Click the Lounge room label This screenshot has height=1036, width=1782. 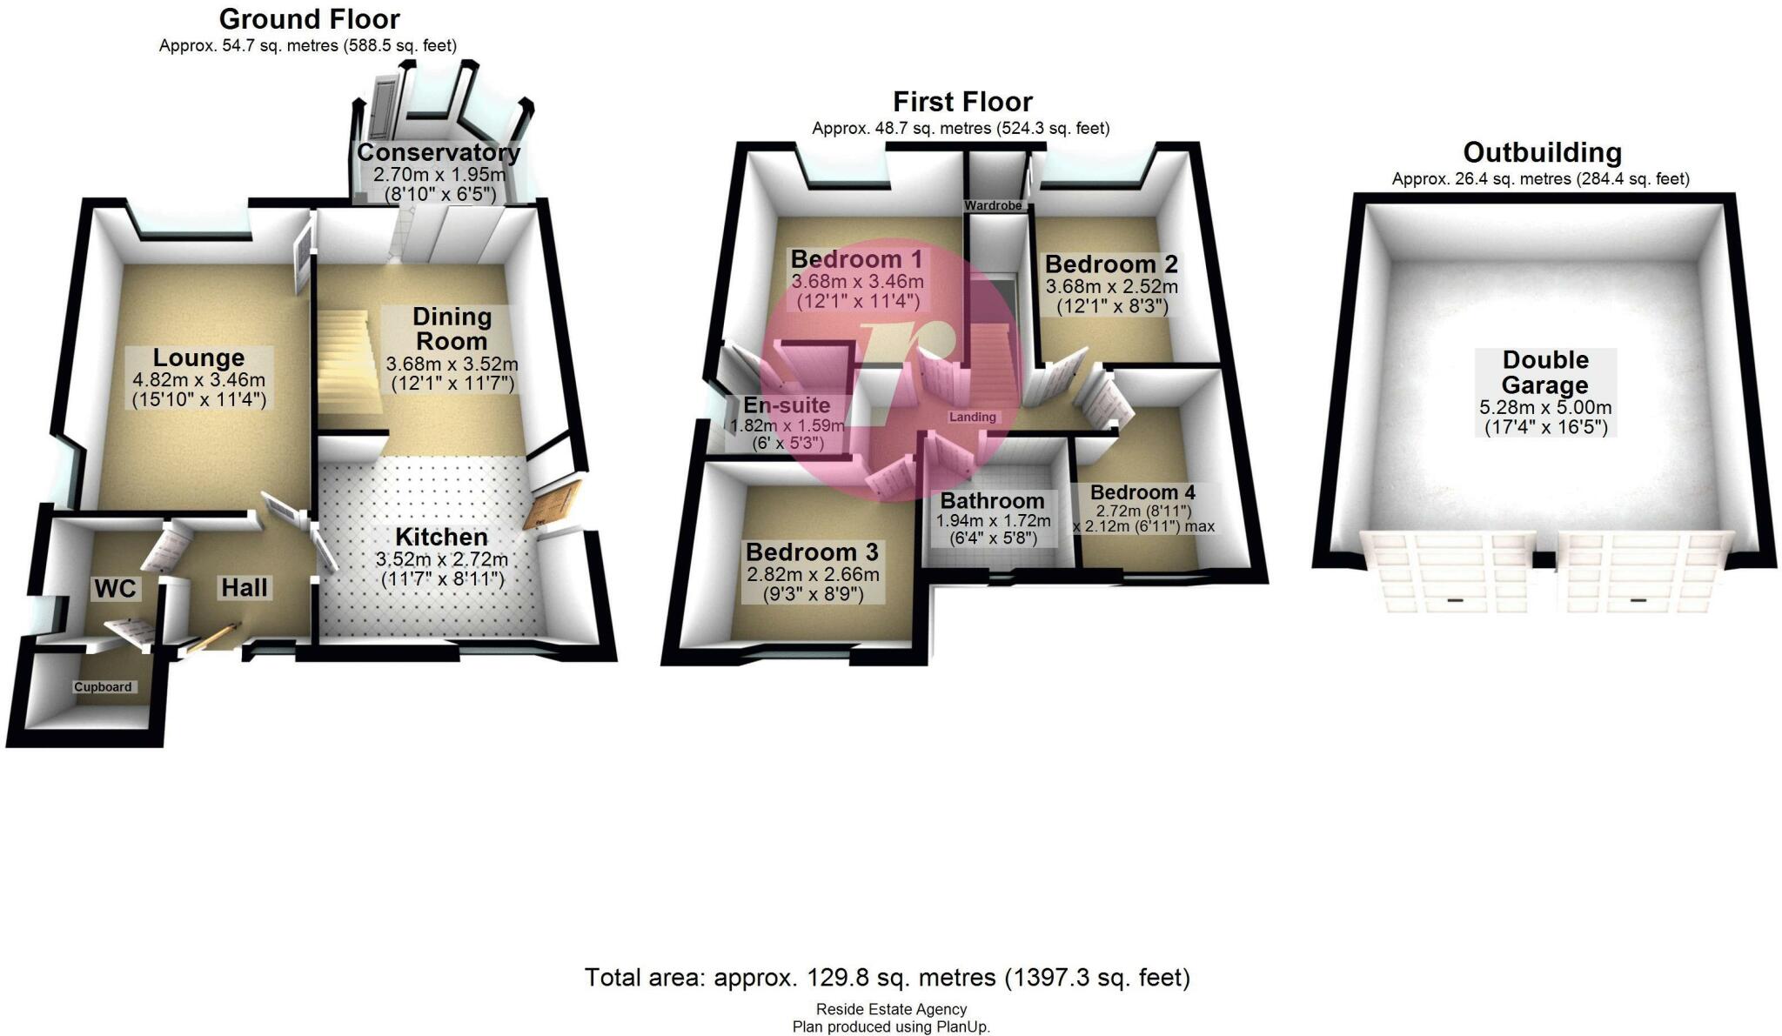coord(198,358)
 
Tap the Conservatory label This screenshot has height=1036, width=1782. coord(439,152)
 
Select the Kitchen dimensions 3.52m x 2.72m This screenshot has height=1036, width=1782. coord(441,559)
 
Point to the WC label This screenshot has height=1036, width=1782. coord(115,589)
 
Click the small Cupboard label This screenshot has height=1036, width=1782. coord(103,687)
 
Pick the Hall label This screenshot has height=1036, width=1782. coord(245,588)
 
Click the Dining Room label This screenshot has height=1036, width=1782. coord(452,329)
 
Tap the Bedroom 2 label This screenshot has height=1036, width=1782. coord(1111,264)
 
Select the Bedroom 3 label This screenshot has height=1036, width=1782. coord(812,552)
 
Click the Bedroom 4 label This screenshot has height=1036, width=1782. coord(1142,493)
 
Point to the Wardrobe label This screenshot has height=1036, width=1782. coord(993,206)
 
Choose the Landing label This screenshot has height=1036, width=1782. coord(972,418)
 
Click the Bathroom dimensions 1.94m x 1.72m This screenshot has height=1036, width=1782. coord(993,521)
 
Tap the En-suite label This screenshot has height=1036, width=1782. coord(787,405)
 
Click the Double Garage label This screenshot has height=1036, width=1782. coord(1545,372)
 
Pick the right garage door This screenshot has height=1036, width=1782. coord(1639,571)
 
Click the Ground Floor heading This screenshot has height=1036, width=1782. coord(309,19)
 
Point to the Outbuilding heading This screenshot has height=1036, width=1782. coord(1542,153)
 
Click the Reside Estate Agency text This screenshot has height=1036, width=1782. coord(891,1009)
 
